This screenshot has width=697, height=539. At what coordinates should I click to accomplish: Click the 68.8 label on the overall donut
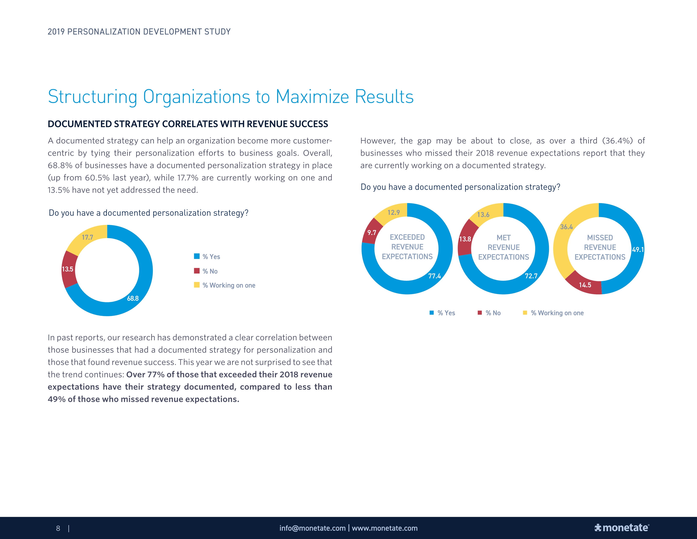[133, 298]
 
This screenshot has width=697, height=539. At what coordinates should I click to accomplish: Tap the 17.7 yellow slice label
[87, 237]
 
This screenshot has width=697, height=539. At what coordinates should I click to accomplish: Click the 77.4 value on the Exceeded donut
[434, 276]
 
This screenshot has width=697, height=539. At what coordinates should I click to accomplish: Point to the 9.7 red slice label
[372, 233]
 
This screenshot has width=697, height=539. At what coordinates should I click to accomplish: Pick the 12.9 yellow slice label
[393, 212]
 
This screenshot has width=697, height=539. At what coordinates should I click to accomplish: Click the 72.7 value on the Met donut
[531, 276]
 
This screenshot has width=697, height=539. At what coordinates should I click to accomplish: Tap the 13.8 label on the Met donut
[465, 239]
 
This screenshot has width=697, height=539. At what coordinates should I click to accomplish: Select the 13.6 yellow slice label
[483, 215]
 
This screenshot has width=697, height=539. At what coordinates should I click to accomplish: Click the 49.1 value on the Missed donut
[638, 249]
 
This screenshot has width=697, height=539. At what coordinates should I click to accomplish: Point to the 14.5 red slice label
[585, 285]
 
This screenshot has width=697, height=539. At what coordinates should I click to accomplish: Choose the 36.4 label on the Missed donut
[566, 227]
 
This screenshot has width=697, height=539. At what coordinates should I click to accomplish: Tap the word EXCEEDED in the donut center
[407, 237]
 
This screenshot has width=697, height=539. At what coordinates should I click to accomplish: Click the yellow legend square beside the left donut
[197, 285]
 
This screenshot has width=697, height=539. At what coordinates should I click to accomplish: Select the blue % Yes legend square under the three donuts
[432, 313]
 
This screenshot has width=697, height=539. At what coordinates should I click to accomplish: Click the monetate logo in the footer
[622, 528]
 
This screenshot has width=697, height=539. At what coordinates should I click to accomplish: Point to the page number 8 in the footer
[58, 528]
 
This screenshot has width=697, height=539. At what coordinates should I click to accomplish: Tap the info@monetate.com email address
[312, 528]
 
